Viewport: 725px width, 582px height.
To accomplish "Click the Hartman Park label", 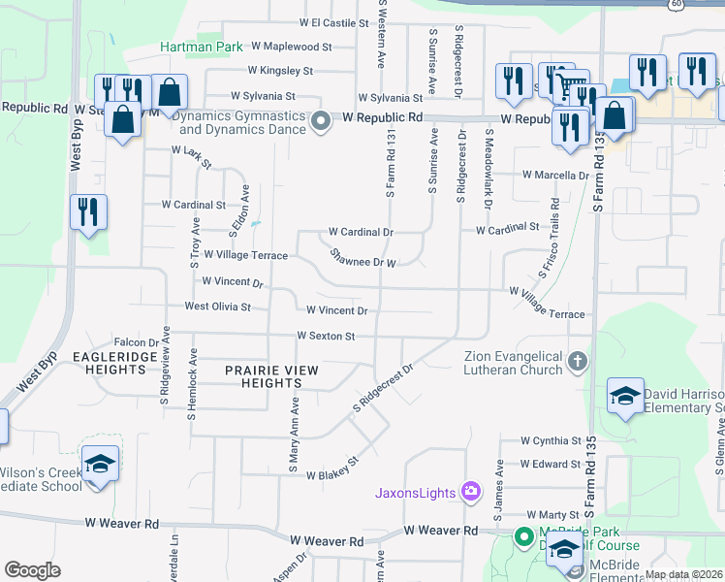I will click(202, 46).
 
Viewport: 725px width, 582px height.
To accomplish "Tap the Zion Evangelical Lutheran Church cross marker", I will click(577, 363).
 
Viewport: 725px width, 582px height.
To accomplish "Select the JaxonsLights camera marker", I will click(470, 493).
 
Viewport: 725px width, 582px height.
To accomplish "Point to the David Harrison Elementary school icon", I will click(625, 396).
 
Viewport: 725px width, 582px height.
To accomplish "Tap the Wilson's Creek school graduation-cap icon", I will click(99, 464).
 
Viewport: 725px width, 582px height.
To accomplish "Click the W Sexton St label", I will click(327, 336).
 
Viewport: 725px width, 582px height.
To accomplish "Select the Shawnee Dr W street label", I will click(362, 258).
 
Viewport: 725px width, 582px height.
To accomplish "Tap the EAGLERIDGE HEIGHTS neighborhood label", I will click(110, 363).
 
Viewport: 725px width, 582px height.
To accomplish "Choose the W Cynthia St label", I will click(550, 440).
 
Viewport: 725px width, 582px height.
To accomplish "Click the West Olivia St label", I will click(217, 307).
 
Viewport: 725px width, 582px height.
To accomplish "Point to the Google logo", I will click(32, 570).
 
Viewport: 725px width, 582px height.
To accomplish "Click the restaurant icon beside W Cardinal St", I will click(88, 211).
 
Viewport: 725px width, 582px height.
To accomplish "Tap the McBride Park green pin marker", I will click(523, 534).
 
